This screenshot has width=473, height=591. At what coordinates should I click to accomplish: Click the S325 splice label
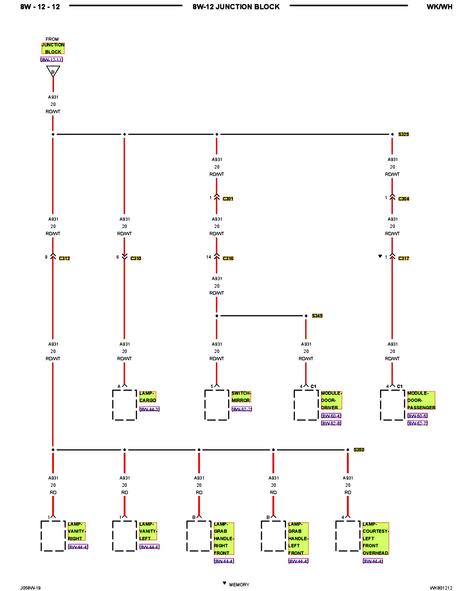point(403,134)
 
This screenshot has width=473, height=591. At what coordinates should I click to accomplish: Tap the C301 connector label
point(228,199)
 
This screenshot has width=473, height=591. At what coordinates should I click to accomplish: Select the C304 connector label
point(404,199)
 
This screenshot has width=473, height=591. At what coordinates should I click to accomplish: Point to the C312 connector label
point(64,258)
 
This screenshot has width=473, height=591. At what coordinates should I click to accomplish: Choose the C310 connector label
point(136,258)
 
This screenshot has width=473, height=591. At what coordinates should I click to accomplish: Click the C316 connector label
point(228,258)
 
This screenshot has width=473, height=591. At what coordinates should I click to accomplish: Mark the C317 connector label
point(404,258)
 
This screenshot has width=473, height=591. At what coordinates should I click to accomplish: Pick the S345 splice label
point(317,316)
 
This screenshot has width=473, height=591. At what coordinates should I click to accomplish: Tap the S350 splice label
point(359,449)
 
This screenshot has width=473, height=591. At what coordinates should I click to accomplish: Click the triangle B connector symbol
point(53,71)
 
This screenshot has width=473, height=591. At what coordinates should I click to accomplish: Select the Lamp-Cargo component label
point(148,397)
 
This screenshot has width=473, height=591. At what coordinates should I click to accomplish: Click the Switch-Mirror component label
point(241,397)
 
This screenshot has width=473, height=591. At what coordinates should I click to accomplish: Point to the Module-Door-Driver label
point(331,400)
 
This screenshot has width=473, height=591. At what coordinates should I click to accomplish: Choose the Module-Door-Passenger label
point(421,400)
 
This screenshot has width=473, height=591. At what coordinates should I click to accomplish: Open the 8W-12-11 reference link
point(52,60)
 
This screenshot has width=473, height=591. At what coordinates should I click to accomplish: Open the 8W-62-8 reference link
point(331,423)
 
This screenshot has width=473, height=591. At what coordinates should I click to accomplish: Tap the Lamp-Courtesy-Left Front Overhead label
point(375,538)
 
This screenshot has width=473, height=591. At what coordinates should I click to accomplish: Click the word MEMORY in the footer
point(239,584)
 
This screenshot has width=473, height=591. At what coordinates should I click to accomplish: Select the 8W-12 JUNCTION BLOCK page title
point(236,7)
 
